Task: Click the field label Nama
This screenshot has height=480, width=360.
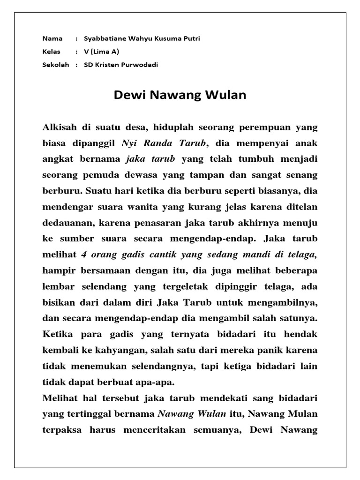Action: pyautogui.click(x=52, y=39)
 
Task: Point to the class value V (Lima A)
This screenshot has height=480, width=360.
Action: pyautogui.click(x=101, y=52)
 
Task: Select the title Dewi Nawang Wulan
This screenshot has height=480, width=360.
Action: pyautogui.click(x=180, y=96)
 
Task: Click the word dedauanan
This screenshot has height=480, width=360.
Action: pyautogui.click(x=66, y=223)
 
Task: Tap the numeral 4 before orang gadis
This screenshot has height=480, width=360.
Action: pyautogui.click(x=84, y=255)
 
